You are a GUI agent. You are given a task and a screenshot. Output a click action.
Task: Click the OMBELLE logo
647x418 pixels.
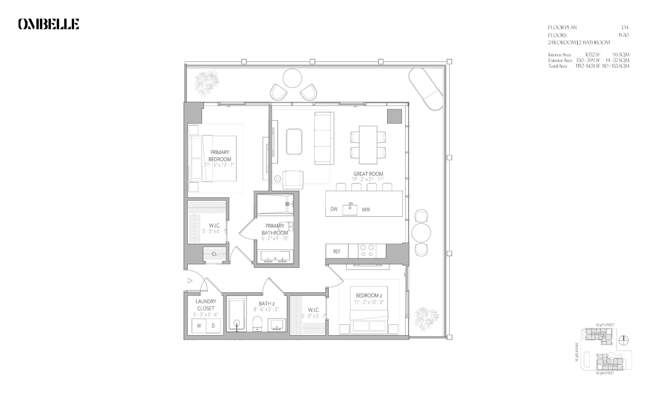[48, 24]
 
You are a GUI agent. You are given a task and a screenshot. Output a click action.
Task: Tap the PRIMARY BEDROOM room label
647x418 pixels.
[220, 155]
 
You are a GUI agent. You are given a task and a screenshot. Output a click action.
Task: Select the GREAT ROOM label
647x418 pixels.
[368, 174]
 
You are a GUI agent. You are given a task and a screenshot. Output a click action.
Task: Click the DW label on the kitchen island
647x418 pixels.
[334, 209]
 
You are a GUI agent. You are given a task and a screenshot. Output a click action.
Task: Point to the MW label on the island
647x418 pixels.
[366, 209]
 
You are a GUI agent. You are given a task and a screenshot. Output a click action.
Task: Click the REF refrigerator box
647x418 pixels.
[337, 251]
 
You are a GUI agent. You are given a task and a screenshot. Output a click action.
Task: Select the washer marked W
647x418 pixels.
[199, 326]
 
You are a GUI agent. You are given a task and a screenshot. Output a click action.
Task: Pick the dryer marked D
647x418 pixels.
[213, 326]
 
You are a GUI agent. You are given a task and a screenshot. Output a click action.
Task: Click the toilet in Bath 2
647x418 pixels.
[257, 324]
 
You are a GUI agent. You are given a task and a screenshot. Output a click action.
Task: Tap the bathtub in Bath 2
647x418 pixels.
[237, 315]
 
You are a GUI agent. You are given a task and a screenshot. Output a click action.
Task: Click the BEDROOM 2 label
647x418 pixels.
[369, 295]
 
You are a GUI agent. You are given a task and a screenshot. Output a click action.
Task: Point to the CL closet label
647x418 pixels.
[214, 254]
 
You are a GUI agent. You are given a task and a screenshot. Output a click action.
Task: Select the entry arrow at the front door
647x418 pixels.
[190, 280]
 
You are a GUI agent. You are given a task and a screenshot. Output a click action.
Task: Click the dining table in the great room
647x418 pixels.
[368, 145]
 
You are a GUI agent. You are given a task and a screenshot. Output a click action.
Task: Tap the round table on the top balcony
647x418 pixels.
[292, 78]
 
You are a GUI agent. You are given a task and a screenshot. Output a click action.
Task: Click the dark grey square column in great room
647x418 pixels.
[394, 116]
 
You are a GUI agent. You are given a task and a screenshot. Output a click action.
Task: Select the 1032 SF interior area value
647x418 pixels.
[593, 55]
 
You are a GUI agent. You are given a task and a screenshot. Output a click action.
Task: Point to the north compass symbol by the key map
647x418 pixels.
[624, 340]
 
